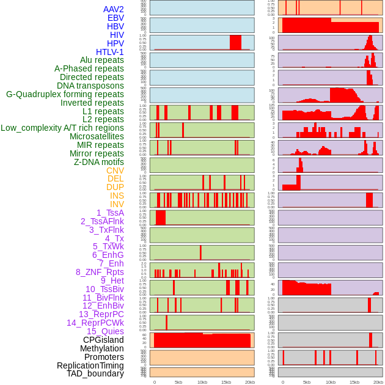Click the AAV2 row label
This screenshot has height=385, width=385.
pyautogui.click(x=113, y=9)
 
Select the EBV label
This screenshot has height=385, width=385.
pyautogui.click(x=115, y=18)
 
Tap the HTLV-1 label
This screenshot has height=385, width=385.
pyautogui.click(x=109, y=52)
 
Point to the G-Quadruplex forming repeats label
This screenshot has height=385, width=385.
pyautogui.click(x=65, y=94)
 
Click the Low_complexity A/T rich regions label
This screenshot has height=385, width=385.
pyautogui.click(x=62, y=128)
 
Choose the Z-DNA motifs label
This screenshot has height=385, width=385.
pyautogui.click(x=98, y=162)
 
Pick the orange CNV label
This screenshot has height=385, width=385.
pyautogui.click(x=115, y=170)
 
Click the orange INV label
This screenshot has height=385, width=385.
pyautogui.click(x=116, y=204)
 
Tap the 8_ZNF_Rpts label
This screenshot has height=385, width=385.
pyautogui.click(x=100, y=272)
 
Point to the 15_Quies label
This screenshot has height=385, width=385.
pyautogui.click(x=105, y=331)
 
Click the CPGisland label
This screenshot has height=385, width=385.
pyautogui.click(x=103, y=340)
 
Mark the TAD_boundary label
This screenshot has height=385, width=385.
pyautogui.click(x=95, y=373)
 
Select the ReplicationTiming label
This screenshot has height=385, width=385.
pyautogui.click(x=90, y=365)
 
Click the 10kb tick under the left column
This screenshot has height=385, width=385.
pyautogui.click(x=202, y=382)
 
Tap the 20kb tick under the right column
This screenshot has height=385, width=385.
pyautogui.click(x=378, y=382)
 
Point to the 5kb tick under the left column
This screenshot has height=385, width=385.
pyautogui.click(x=178, y=382)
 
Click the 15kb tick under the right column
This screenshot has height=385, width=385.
pyautogui.click(x=354, y=382)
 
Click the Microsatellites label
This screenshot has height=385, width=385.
pyautogui.click(x=97, y=136)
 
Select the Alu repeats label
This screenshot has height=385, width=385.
pyautogui.click(x=101, y=60)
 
